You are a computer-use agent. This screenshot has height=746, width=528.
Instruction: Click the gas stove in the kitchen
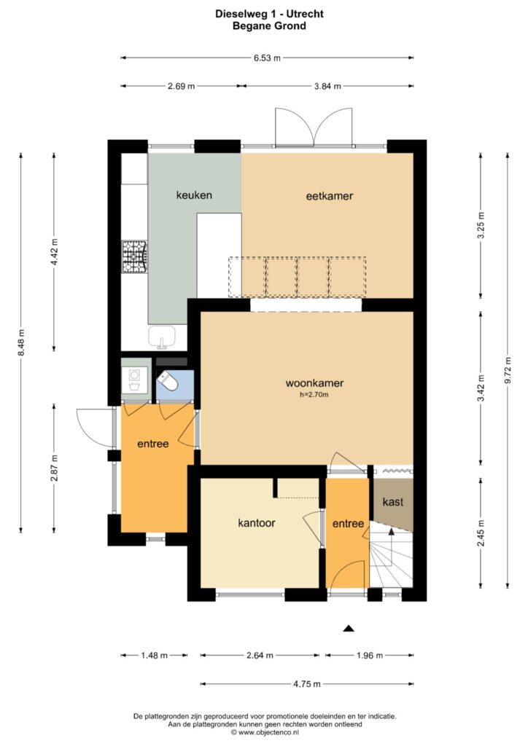point(135,257)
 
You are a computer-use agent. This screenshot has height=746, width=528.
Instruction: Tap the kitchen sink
point(162,337)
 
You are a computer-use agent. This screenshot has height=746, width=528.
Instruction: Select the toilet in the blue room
point(168,382)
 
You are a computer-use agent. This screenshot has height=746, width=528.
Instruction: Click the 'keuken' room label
point(194,195)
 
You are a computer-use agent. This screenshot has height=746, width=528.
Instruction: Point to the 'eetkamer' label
point(330,195)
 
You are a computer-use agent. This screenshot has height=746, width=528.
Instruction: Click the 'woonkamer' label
point(315,383)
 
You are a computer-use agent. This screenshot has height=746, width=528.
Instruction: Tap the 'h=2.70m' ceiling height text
point(314,394)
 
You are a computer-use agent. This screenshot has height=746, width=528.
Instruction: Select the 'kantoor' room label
point(257,523)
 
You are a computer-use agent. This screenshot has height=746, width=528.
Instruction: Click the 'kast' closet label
point(393,501)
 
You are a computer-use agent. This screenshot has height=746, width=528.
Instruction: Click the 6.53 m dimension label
point(267,58)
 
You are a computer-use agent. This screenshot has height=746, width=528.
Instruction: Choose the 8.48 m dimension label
point(21,343)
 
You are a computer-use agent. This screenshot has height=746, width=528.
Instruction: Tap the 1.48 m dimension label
point(155,655)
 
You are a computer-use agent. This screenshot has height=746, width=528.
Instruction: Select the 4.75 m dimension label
point(306,683)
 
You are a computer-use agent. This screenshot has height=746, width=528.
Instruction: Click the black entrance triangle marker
point(349,629)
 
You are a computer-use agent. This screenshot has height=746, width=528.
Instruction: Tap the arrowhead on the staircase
point(392,531)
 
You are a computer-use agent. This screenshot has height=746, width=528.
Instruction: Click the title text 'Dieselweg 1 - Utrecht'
point(270,14)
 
